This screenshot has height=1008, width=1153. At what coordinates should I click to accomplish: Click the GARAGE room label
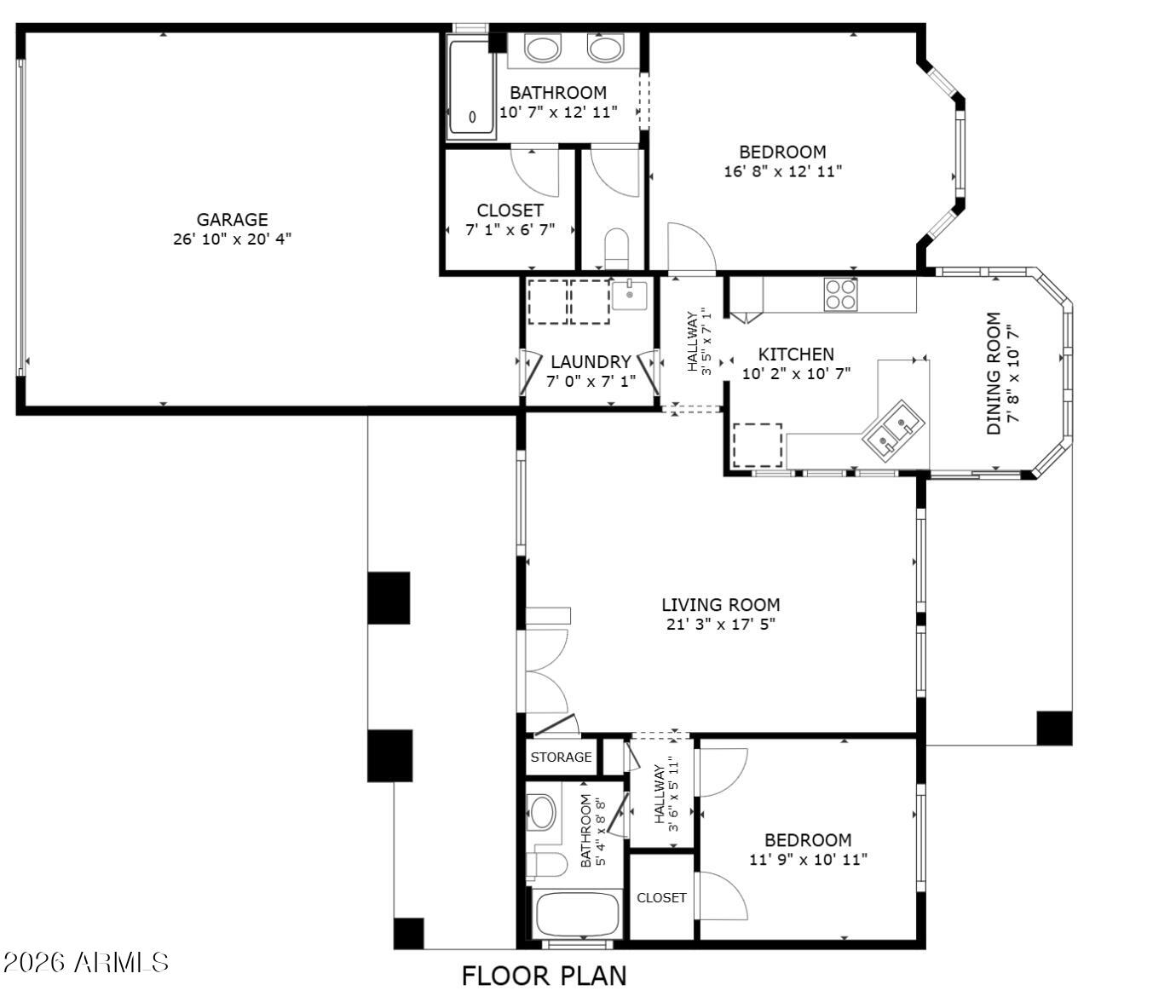[x=232, y=219]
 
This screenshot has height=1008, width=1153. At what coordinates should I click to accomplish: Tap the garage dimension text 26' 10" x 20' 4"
[x=232, y=239]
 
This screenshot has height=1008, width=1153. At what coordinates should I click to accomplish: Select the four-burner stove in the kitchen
[x=840, y=294]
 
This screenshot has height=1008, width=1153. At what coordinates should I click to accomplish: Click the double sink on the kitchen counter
[x=892, y=426]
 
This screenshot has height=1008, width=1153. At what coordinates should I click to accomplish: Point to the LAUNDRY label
[x=591, y=362]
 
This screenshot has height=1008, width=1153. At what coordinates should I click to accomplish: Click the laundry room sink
[x=629, y=295]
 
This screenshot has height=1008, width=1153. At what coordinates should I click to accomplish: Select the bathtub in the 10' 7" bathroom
[x=471, y=89]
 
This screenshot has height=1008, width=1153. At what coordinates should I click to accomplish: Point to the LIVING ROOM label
[x=721, y=605]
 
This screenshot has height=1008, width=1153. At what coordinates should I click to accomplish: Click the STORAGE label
[x=561, y=757]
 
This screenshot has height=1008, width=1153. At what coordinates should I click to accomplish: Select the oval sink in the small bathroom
[x=542, y=812]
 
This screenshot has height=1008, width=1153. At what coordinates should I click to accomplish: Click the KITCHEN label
[x=796, y=354]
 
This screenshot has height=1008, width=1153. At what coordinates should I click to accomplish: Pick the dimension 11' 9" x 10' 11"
[x=808, y=860]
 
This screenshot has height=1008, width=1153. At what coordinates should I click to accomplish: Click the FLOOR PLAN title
[x=544, y=976]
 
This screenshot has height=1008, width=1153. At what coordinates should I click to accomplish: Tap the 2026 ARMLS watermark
[x=86, y=962]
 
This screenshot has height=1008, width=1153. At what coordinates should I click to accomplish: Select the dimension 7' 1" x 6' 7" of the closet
[x=510, y=230]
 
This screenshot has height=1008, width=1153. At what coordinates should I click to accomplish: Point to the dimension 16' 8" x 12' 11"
[x=783, y=171]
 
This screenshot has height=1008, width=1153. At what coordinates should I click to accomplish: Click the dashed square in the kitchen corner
[x=757, y=445]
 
